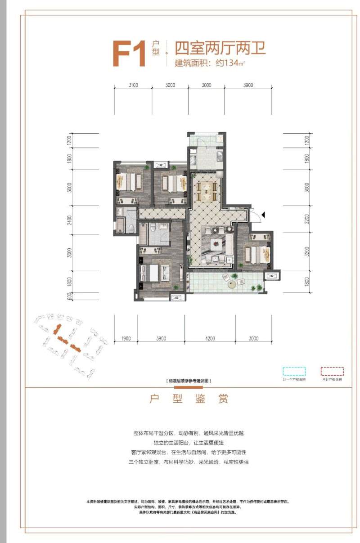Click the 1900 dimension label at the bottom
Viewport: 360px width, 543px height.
click(x=126, y=338)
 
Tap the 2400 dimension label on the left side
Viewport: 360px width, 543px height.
click(x=69, y=221)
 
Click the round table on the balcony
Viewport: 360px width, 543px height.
click(x=232, y=283)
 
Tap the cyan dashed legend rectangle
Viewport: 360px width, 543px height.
click(x=294, y=372)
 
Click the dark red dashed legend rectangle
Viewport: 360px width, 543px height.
click(x=332, y=372)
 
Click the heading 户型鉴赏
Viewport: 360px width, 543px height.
click(x=189, y=399)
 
